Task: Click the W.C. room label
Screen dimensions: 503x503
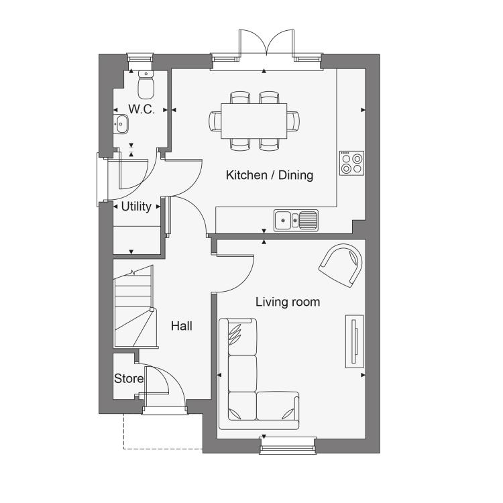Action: (142, 109)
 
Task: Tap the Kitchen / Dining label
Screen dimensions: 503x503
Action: (270, 175)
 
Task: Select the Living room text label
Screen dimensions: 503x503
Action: (288, 302)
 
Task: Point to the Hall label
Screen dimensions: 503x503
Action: (182, 326)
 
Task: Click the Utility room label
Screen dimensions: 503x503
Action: (136, 207)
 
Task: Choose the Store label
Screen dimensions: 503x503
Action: (129, 378)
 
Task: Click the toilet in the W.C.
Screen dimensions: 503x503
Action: (146, 85)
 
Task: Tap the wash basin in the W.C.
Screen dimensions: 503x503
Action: (121, 123)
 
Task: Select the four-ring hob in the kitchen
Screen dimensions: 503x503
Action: (352, 163)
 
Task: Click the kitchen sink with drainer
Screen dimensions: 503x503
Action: (296, 221)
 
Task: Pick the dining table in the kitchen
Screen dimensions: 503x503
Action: (254, 121)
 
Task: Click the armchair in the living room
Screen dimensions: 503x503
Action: (341, 266)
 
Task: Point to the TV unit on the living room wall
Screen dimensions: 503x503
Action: (355, 341)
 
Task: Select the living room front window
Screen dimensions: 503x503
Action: (288, 445)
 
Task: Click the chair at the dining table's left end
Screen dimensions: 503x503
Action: (215, 121)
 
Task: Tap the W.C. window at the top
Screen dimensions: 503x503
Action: (140, 59)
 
